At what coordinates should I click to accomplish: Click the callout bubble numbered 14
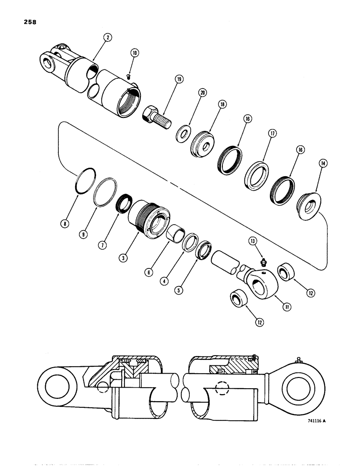point(322,163)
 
